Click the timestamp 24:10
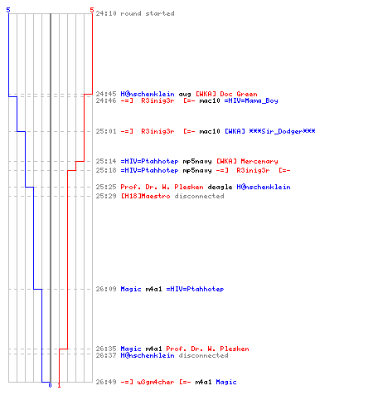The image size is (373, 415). click(x=106, y=13)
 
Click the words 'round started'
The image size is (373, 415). click(x=148, y=13)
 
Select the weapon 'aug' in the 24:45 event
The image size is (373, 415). click(x=185, y=95)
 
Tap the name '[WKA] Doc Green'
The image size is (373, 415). click(x=226, y=94)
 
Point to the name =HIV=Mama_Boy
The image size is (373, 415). click(x=251, y=100)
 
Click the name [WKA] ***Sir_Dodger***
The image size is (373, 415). click(x=270, y=131)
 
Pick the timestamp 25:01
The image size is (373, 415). click(x=106, y=131)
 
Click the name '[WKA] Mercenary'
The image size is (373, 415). click(x=247, y=161)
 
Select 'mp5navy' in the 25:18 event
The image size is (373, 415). click(x=197, y=171)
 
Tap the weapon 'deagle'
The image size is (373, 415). click(x=220, y=188)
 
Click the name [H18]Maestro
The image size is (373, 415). click(x=146, y=196)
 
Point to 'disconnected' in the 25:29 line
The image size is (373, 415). click(x=199, y=196)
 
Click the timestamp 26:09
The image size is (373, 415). click(x=106, y=289)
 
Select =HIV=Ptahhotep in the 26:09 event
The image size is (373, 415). click(x=195, y=290)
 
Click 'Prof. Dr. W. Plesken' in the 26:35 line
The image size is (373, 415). click(x=207, y=349)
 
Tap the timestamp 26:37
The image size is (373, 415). click(x=106, y=355)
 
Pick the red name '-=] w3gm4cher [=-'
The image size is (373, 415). click(x=156, y=382)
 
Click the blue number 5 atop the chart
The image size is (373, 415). click(x=8, y=10)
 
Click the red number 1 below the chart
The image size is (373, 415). click(x=59, y=385)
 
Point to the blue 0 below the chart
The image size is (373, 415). click(x=50, y=385)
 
